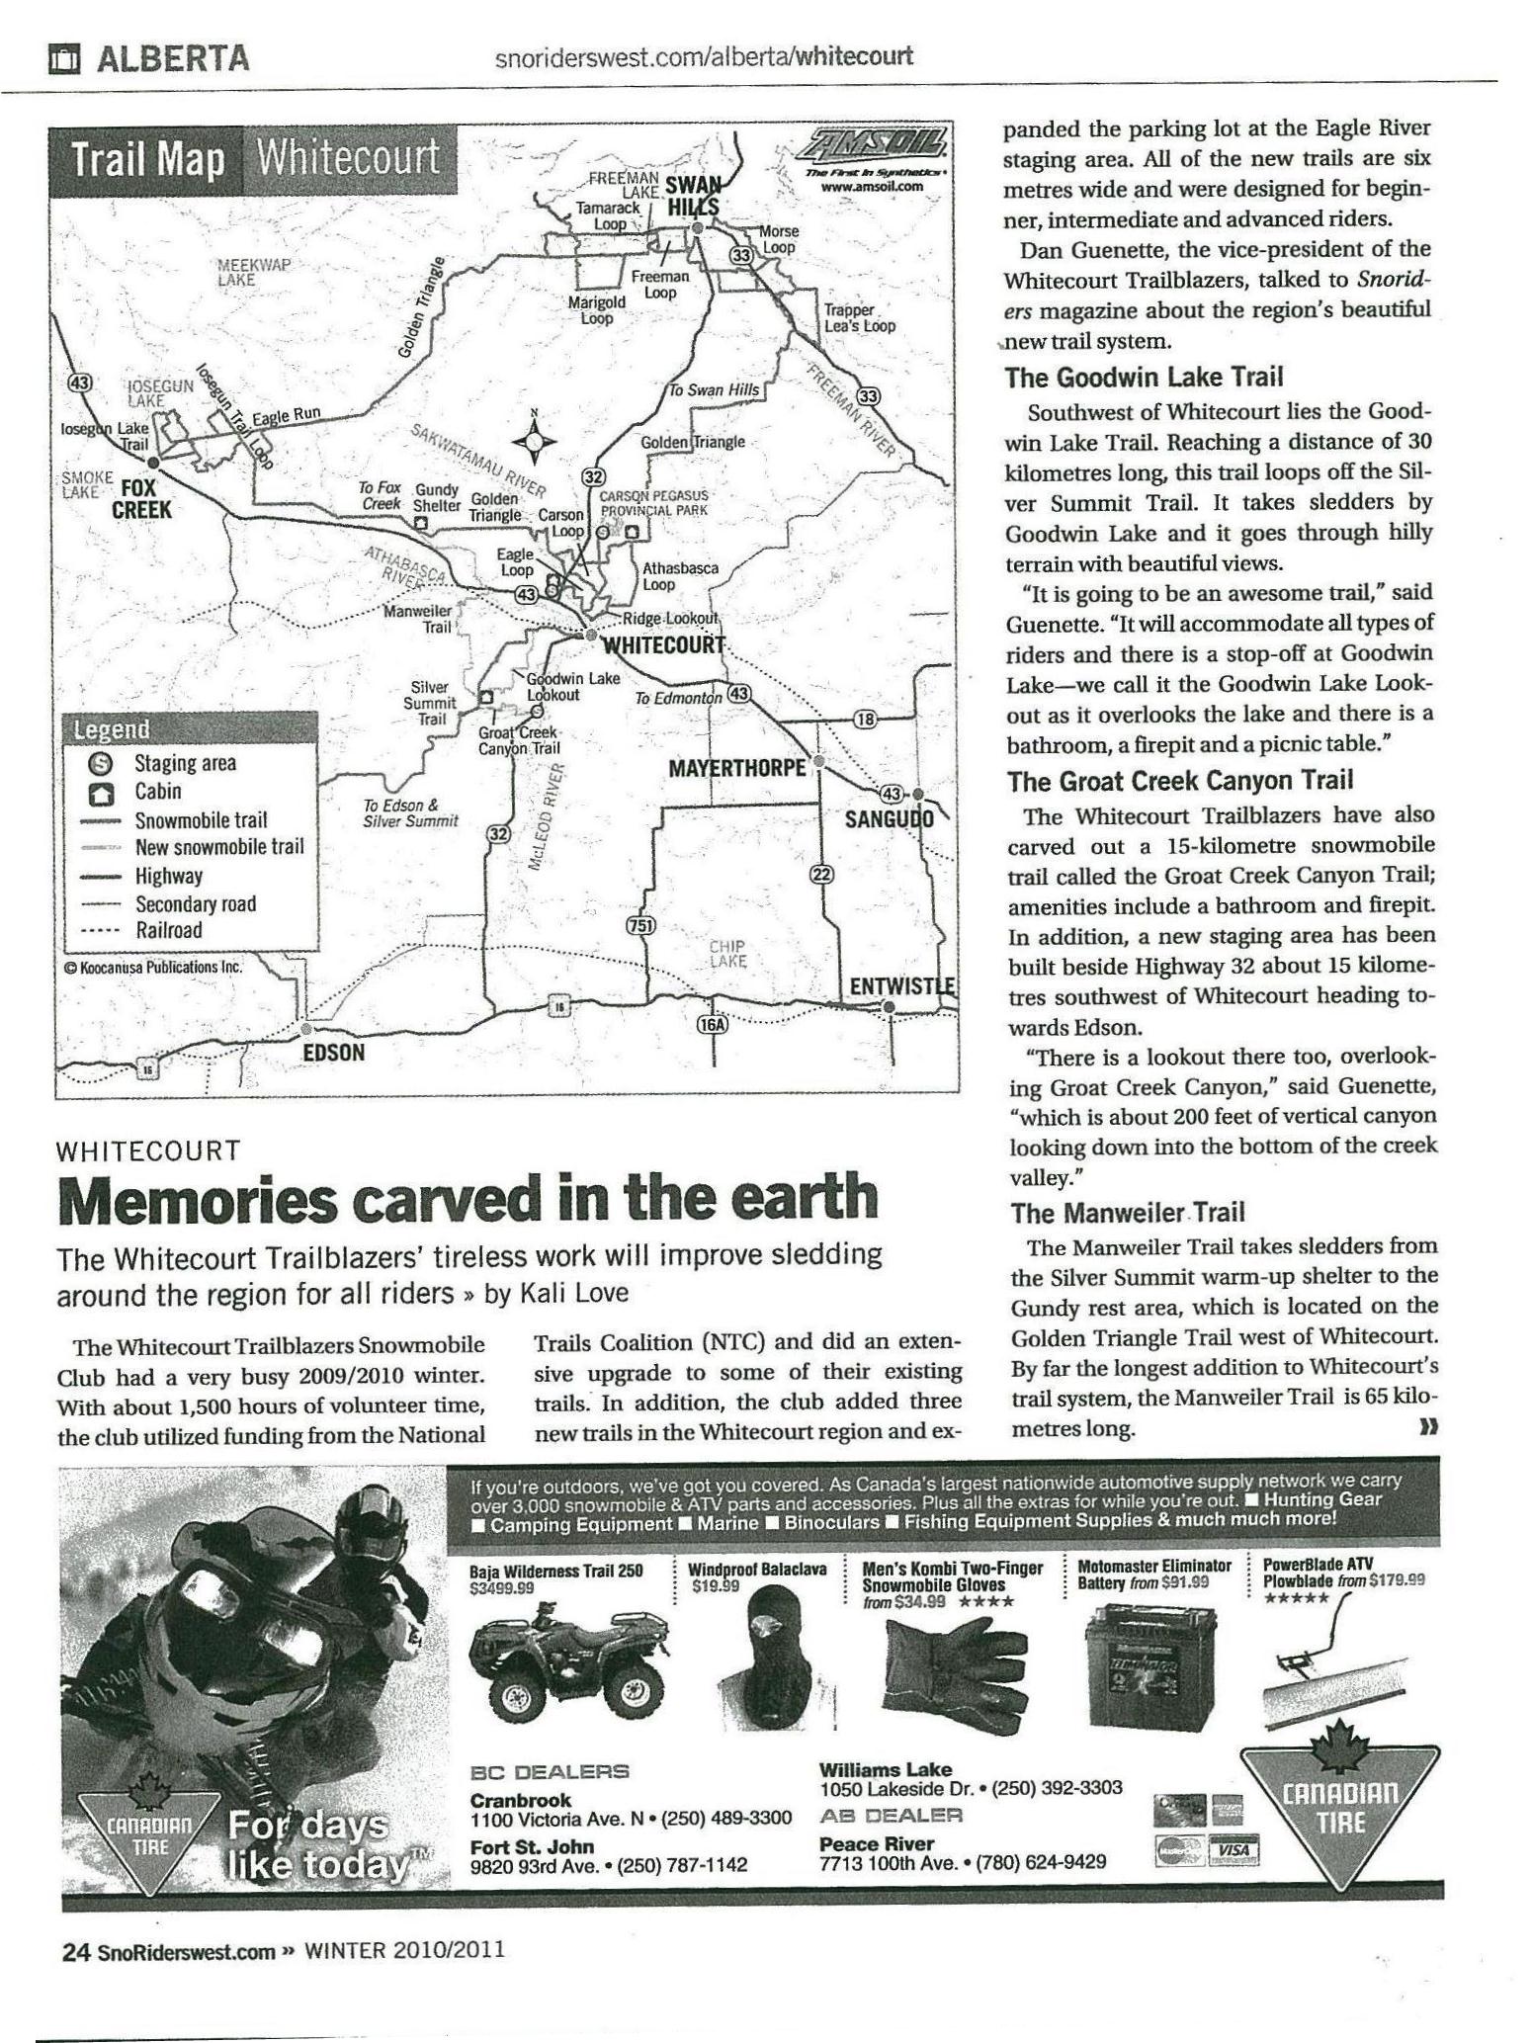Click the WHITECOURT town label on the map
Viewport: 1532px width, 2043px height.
click(x=663, y=645)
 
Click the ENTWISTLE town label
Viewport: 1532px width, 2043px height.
click(x=902, y=986)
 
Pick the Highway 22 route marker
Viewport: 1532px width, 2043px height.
click(x=822, y=874)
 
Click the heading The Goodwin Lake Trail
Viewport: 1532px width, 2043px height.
click(x=1144, y=377)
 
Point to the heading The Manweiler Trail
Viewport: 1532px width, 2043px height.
click(x=1127, y=1212)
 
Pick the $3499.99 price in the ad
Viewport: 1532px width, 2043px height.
click(x=501, y=1587)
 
